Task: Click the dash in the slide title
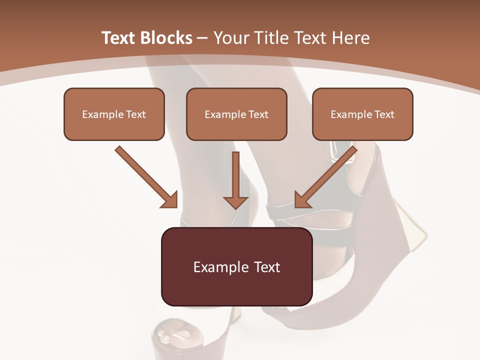click(x=202, y=37)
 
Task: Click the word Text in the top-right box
click(x=384, y=114)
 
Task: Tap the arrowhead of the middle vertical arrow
click(x=235, y=201)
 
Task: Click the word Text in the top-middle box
click(x=258, y=114)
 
